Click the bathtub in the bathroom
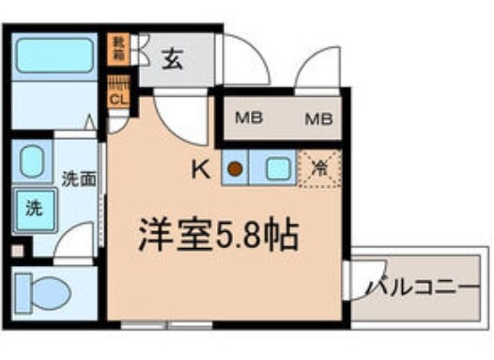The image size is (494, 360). [x=55, y=55]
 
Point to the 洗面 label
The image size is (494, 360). [x=78, y=179]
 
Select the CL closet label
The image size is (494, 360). [x=119, y=98]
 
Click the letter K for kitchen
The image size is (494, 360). [x=200, y=169]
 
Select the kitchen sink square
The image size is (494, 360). [x=277, y=169]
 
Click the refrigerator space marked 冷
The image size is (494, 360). [x=319, y=170]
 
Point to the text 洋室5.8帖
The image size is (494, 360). [x=219, y=235]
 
